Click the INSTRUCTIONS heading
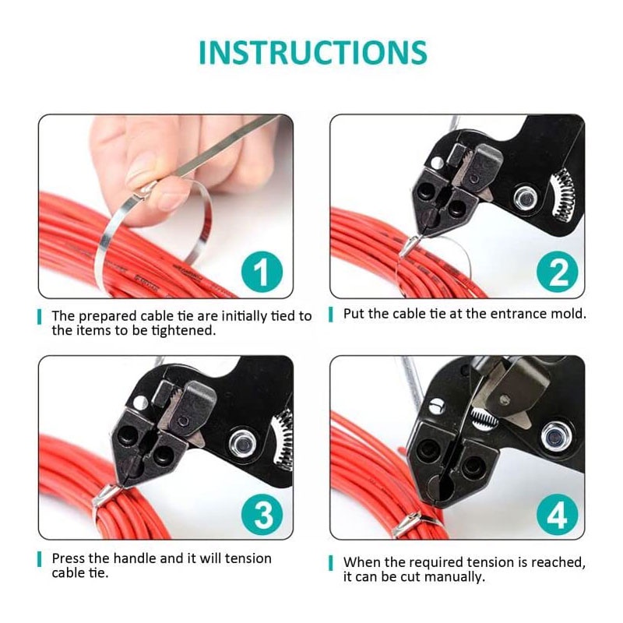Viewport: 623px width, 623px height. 313,52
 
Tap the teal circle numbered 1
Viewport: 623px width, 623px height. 262,272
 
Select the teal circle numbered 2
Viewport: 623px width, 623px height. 557,272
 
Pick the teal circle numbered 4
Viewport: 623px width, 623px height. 557,514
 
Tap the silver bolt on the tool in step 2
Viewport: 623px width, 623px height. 526,199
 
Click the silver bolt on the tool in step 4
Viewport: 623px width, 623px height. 554,437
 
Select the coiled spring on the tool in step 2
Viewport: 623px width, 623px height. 564,195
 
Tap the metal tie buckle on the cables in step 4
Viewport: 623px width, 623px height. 407,524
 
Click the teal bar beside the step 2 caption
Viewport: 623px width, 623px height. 330,315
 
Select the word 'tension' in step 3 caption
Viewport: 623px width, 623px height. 248,558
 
